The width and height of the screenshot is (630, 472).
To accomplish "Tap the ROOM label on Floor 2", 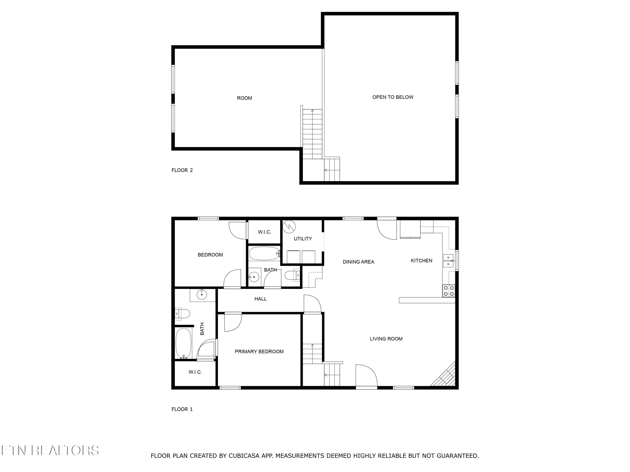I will (244, 98).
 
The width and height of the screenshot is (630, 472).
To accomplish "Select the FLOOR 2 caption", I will (182, 170).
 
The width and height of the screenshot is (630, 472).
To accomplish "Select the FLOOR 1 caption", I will (182, 409).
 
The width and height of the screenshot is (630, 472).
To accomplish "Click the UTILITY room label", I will (303, 239).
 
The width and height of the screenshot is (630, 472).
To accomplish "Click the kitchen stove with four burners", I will (449, 291).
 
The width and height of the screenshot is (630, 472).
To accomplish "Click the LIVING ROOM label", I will (386, 339).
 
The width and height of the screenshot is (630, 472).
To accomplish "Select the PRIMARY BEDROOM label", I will (259, 352).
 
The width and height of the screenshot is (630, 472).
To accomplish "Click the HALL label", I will (260, 299).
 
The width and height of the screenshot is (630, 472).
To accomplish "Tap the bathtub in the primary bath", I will (183, 343).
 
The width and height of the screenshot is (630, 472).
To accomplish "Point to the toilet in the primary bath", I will (183, 314).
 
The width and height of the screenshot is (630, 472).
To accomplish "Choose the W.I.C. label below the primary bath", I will (195, 372).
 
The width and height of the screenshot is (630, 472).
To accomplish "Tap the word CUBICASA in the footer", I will (244, 456).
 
